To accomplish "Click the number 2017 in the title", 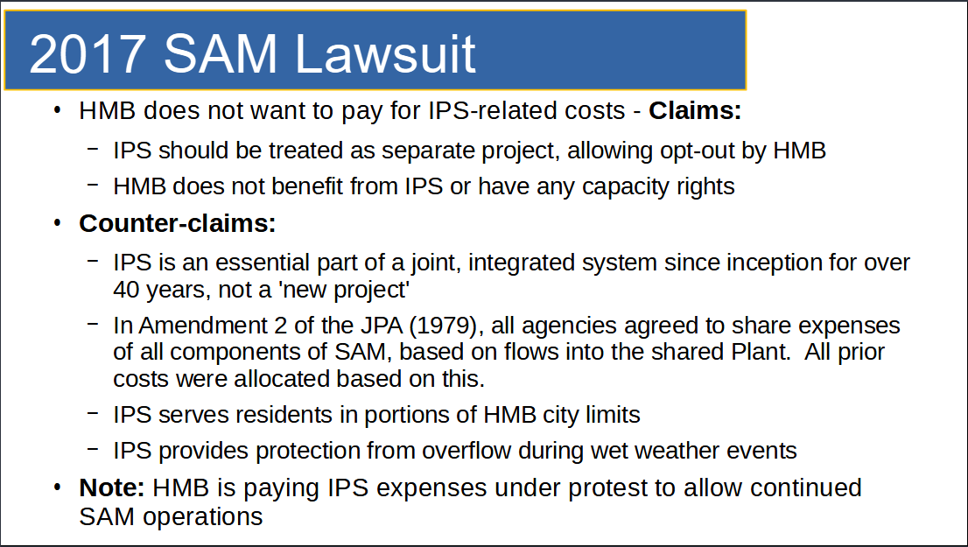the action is [87, 54].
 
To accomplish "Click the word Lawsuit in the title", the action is [385, 54].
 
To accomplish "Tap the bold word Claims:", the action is [695, 110].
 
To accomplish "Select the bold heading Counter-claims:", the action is [177, 223].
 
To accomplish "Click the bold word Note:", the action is [112, 487].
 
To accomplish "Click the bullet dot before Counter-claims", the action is [58, 223].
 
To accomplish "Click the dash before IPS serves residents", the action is [94, 412].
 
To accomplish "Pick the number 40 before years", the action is [126, 290].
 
